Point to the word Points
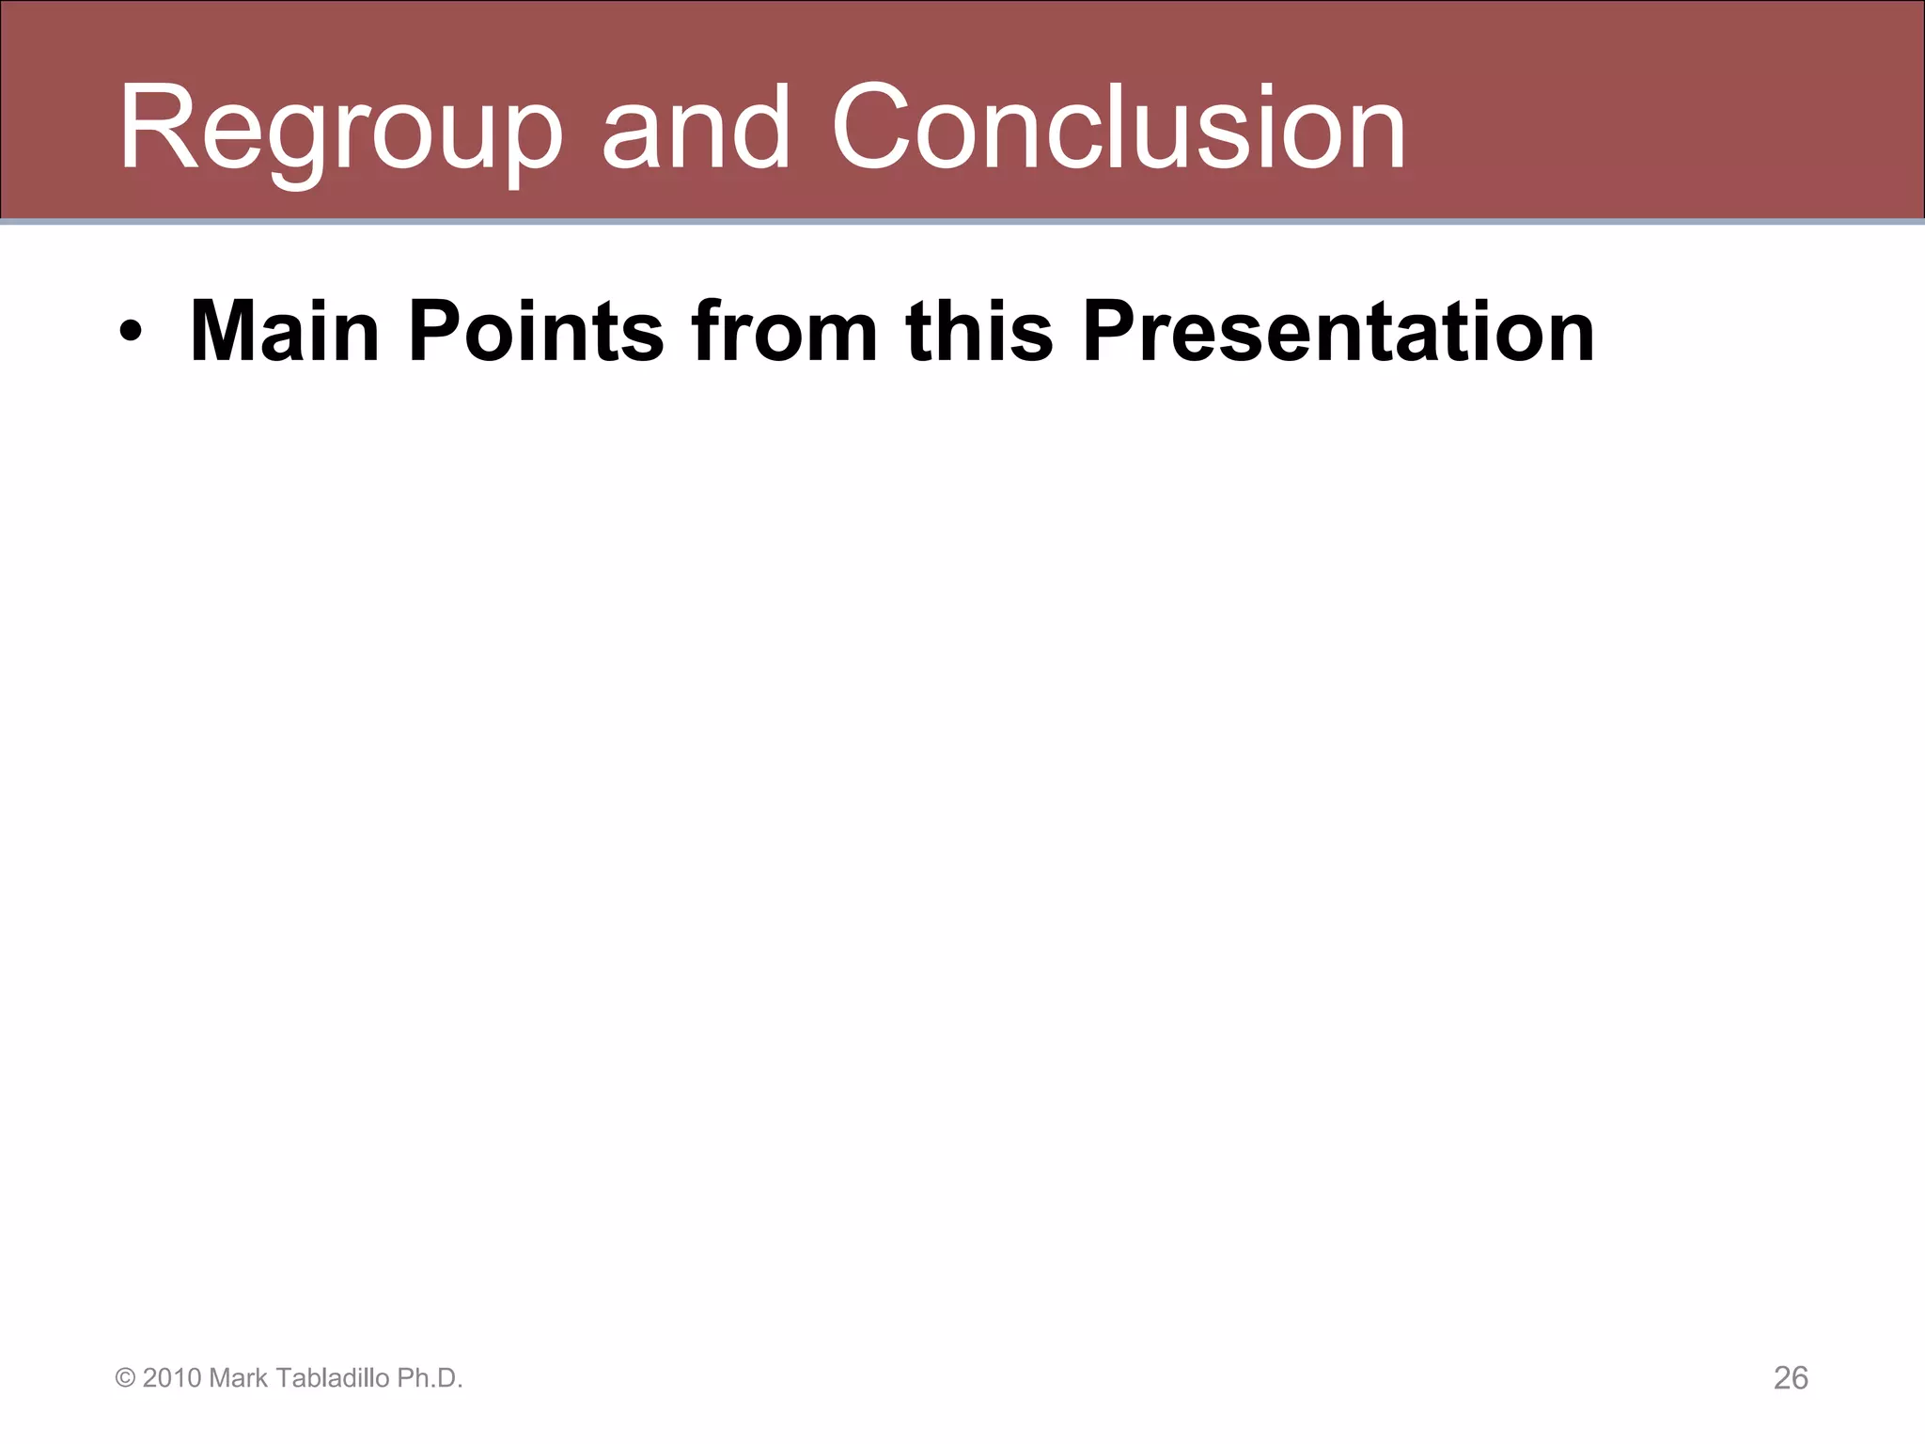[536, 332]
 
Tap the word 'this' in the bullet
[978, 332]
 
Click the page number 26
[1791, 1378]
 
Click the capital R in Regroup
[156, 130]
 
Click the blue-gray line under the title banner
[962, 223]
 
